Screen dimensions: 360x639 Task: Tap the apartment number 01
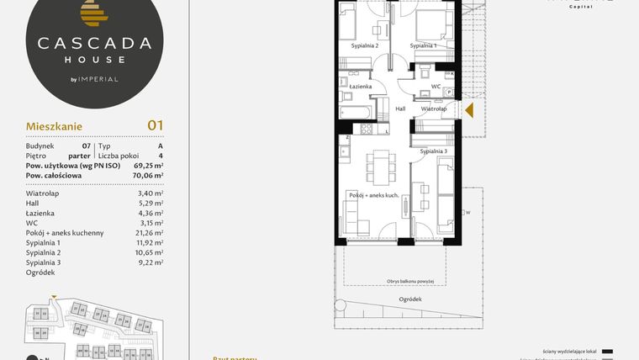[155, 125]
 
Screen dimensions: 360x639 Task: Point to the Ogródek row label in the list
[40, 272]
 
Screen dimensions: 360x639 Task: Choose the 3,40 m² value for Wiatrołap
[150, 193]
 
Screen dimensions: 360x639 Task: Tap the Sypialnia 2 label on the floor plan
[364, 45]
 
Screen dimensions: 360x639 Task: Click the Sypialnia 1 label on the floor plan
[422, 45]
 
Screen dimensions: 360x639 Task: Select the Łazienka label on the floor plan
[349, 86]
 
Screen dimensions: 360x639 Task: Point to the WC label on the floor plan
[436, 86]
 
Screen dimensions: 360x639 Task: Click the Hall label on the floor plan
[400, 109]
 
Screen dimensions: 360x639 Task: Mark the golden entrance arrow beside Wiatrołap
[469, 109]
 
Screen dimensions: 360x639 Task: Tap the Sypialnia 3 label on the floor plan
[433, 151]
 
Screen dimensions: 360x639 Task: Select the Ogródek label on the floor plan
[411, 299]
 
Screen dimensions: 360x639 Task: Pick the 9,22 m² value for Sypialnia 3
[150, 262]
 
